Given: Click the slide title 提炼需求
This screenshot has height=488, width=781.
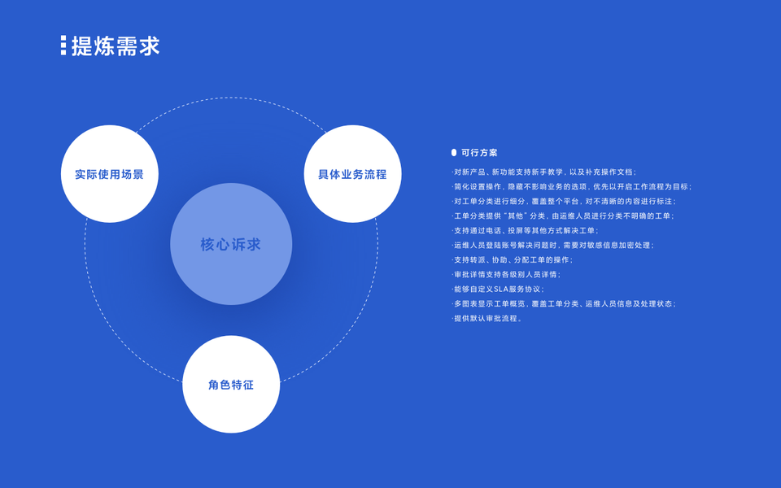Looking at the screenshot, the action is [x=116, y=46].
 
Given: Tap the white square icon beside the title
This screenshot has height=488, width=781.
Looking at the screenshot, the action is [x=63, y=46].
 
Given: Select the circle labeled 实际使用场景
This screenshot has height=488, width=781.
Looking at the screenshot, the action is [x=109, y=174].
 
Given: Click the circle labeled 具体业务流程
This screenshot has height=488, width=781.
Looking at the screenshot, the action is [x=352, y=174].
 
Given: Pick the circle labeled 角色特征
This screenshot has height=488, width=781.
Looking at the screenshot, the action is [x=231, y=384].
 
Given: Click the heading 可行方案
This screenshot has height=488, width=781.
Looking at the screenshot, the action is [x=479, y=152].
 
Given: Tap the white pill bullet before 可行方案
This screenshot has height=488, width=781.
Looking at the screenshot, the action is [x=454, y=152].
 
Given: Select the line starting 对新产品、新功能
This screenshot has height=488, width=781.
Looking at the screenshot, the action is [x=544, y=172].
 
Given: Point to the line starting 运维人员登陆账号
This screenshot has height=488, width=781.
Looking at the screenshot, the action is [x=553, y=245].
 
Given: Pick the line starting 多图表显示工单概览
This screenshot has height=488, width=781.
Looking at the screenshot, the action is [x=564, y=303].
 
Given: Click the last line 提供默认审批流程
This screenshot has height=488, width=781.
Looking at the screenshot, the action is [x=487, y=318].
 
